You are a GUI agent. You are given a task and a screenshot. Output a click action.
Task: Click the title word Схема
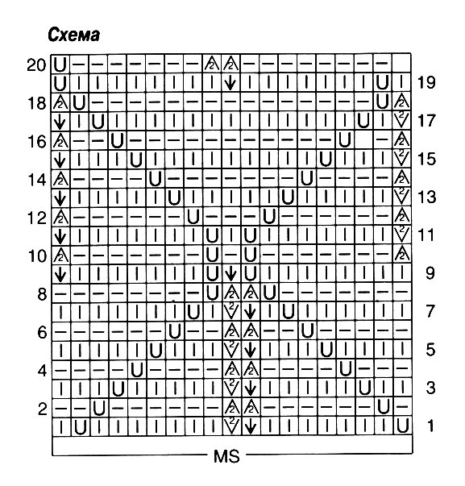(74, 35)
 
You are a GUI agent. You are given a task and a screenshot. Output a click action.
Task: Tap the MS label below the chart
(226, 456)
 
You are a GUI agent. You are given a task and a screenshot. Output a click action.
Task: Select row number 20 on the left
(36, 65)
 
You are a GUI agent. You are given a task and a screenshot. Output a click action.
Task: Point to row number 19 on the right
(426, 82)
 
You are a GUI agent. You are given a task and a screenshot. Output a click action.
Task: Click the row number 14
(37, 180)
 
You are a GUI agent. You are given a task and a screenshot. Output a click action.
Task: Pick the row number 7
(430, 311)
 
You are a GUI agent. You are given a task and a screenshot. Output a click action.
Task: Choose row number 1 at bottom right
(430, 426)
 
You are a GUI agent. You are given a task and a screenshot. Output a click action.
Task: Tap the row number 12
(37, 218)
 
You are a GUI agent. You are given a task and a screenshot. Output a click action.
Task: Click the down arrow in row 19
(230, 83)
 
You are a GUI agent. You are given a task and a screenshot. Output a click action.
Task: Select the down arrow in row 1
(250, 426)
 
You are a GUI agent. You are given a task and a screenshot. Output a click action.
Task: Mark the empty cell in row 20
(402, 64)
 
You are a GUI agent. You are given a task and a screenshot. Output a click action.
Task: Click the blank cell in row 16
(363, 140)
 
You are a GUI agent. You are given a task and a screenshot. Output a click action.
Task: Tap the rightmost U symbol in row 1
(402, 426)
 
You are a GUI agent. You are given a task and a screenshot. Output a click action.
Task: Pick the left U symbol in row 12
(193, 216)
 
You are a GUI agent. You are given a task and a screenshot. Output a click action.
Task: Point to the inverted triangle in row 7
(231, 311)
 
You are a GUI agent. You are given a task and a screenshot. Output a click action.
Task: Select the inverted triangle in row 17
(402, 120)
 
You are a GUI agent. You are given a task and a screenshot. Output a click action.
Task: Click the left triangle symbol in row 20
(212, 63)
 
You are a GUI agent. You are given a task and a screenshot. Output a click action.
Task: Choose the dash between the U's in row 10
(231, 255)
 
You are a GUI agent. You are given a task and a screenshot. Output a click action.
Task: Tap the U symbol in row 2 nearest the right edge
(384, 407)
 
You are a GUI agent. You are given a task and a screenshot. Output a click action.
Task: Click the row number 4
(42, 371)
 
